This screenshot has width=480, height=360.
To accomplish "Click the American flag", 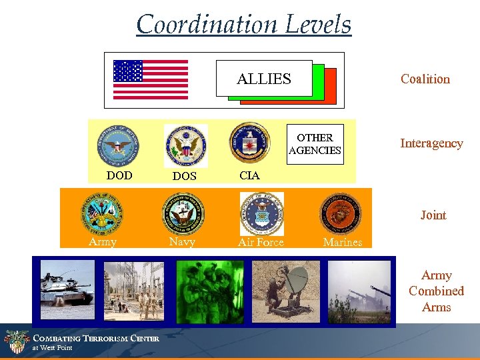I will click(151, 79).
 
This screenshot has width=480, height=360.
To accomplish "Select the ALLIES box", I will click(264, 79).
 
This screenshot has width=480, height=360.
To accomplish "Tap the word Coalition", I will click(425, 79).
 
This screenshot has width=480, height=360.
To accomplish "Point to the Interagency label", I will click(431, 143).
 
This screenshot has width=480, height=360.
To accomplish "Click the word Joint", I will click(433, 215).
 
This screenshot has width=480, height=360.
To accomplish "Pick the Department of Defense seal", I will click(119, 145).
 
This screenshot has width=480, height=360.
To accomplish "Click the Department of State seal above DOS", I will click(186, 145).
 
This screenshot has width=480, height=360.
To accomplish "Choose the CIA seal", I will click(249, 143).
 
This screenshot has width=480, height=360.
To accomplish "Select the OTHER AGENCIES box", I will click(315, 144).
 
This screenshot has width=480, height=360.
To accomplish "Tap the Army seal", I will click(101, 213).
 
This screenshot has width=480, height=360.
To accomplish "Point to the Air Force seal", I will click(261, 213).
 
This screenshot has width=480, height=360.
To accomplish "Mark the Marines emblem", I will click(341, 213).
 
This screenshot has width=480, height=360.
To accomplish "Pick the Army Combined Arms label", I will click(436, 291).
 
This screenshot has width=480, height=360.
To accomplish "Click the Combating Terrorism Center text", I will click(96, 339).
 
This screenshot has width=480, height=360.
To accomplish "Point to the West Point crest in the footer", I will click(16, 343).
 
